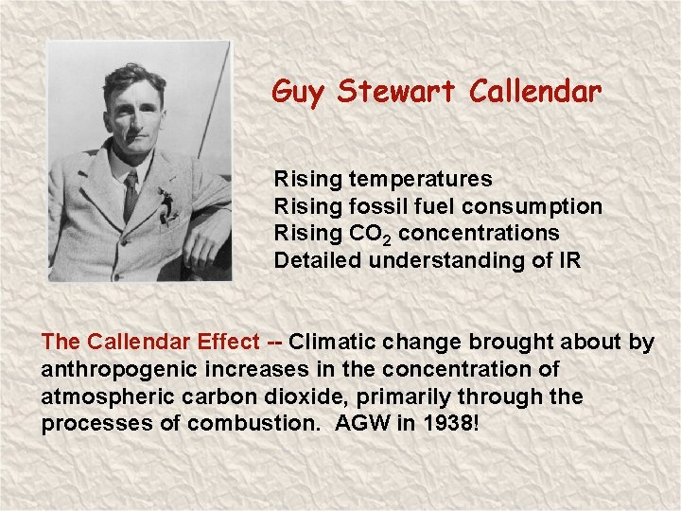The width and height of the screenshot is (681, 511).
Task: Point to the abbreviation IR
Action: click(x=569, y=260)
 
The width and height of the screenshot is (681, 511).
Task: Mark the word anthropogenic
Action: click(x=116, y=369)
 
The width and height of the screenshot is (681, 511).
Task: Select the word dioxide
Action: click(x=313, y=396)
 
